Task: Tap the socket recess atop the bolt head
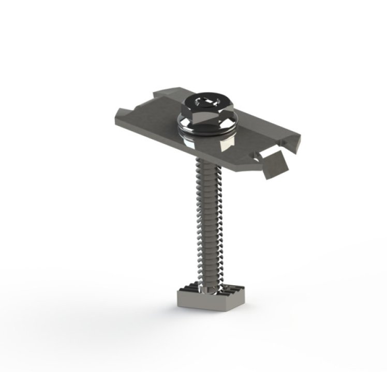tap(204, 98)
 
